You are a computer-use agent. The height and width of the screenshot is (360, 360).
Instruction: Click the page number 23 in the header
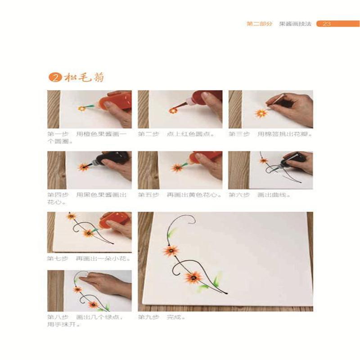pos(327,24)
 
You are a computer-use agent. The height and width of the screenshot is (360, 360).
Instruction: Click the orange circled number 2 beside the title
pos(54,77)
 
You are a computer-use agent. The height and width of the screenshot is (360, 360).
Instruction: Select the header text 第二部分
pos(260,24)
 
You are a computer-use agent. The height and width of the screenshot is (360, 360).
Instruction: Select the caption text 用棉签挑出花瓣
pos(285,134)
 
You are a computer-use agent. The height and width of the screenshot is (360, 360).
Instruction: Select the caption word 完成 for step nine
pos(173,317)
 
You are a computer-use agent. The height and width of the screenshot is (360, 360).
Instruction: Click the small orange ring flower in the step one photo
pos(81,108)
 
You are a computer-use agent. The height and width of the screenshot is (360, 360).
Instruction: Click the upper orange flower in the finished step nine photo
pos(171,250)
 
